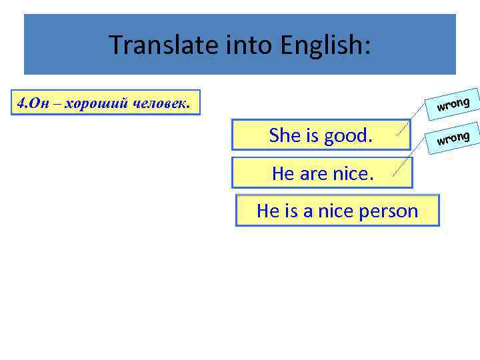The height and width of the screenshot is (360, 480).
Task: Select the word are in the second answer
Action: coord(313,174)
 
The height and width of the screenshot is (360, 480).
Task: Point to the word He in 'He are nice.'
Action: coord(283,174)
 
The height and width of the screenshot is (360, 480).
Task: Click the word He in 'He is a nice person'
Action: coord(267,211)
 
